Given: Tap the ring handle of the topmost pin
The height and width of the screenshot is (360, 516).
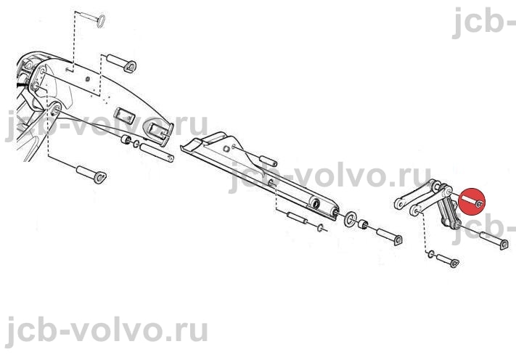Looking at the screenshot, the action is [x=101, y=21].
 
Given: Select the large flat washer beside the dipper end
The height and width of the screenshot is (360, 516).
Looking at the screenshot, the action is [x=350, y=218].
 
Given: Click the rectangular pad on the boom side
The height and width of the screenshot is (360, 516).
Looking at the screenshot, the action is [x=124, y=115].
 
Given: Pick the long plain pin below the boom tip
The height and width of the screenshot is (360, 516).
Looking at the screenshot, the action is [x=157, y=152].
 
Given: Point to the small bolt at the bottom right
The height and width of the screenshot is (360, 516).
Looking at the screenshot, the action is [x=448, y=261].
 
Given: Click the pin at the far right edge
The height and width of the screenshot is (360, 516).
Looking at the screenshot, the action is [x=494, y=240].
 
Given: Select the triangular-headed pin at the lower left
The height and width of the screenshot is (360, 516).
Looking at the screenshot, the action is [x=91, y=175].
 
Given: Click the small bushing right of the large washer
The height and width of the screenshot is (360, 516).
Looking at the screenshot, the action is [x=363, y=225].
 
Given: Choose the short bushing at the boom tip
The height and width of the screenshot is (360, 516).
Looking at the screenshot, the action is [x=126, y=139].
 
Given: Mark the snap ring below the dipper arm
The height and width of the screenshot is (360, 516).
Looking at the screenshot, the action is [x=320, y=227].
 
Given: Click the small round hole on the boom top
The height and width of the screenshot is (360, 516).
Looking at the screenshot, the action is [x=87, y=79].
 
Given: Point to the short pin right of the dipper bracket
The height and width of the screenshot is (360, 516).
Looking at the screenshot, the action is [x=269, y=161].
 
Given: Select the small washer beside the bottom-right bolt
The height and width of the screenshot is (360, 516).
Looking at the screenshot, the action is [x=431, y=254].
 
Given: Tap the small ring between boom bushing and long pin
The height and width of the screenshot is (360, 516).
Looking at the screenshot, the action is [x=136, y=144].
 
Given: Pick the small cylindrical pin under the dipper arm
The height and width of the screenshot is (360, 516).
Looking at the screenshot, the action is [x=297, y=218].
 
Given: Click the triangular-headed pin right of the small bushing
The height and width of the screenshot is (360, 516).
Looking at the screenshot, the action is [x=389, y=237].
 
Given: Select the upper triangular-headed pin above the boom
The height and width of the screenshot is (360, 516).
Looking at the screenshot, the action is [x=121, y=62].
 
